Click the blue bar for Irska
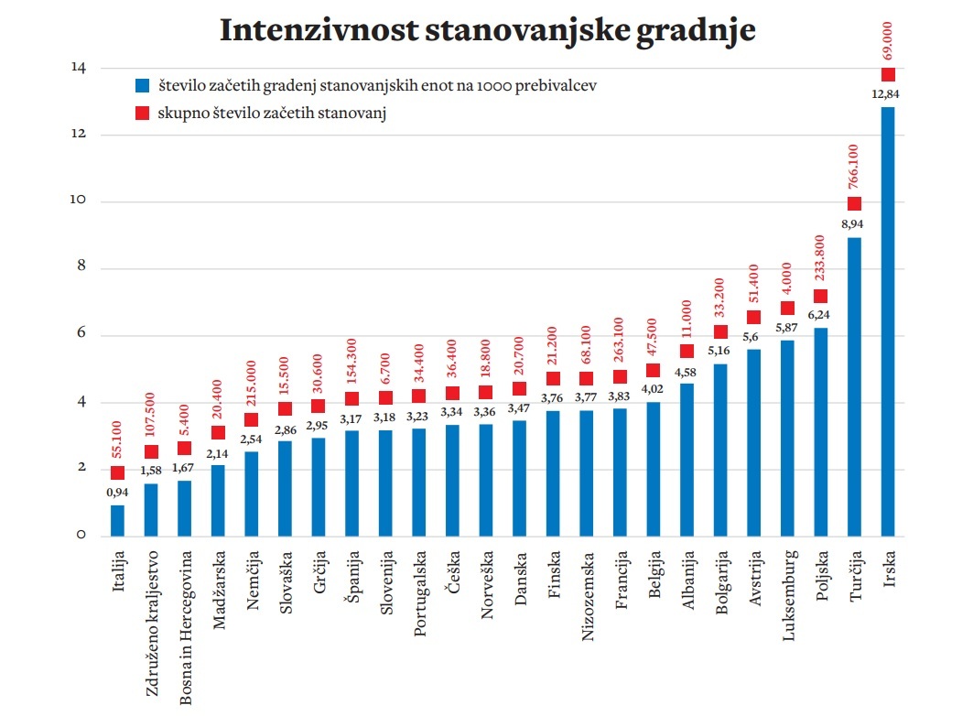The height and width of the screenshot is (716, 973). point(888,320)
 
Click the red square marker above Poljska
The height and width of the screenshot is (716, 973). point(820,296)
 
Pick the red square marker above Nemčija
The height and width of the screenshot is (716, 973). point(252,419)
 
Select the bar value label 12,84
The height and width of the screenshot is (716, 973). point(888,94)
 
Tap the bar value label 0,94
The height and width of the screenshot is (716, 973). point(118,493)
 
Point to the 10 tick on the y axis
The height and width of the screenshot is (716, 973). point(80,201)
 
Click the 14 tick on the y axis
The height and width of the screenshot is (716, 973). point(80,68)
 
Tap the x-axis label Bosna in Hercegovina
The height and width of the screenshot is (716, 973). point(186,627)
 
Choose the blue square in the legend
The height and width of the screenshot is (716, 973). point(142,85)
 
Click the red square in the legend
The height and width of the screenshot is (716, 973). point(142,114)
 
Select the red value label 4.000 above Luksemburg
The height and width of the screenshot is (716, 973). point(787,277)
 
